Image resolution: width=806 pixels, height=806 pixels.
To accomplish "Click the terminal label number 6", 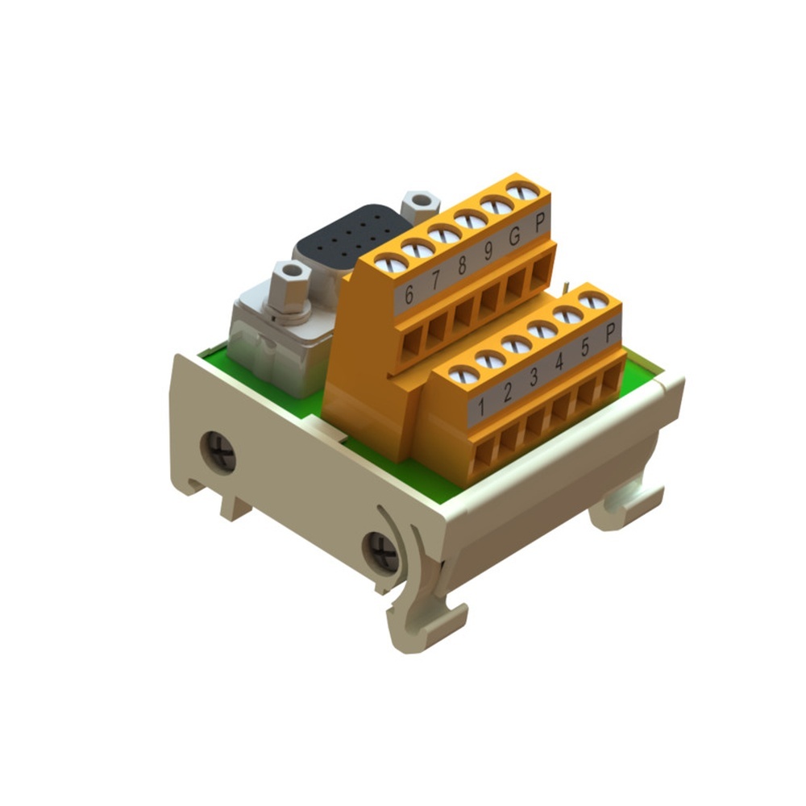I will [409, 295].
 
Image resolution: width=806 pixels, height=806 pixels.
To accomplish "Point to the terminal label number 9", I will [488, 252].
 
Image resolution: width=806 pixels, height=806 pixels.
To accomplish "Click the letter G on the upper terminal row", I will [513, 238].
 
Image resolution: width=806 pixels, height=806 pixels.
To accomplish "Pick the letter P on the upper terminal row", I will [539, 223].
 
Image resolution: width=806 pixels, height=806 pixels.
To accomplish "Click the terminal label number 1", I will [481, 407].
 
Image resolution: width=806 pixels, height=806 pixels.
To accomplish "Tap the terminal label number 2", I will [508, 392].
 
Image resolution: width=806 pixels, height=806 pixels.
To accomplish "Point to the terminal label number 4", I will [559, 362].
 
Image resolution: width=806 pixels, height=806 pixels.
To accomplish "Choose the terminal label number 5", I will [585, 347].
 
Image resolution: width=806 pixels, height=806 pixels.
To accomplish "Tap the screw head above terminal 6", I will [391, 262].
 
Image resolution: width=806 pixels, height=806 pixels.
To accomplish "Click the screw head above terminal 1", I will [463, 374].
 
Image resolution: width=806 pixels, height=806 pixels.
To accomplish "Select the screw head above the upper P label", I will [524, 192].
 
